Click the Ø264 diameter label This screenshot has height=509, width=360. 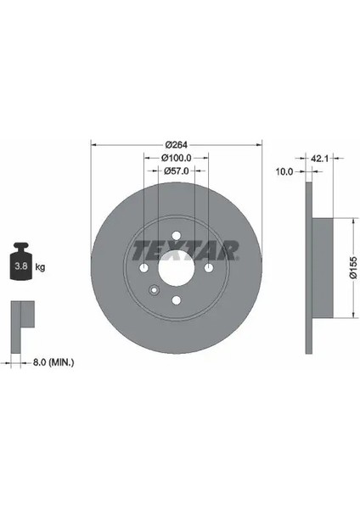(177, 145)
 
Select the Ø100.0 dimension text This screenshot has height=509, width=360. (177, 158)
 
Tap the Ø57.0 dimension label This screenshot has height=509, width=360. (177, 171)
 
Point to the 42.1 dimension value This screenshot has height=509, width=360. (320, 159)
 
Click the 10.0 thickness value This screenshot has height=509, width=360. (284, 171)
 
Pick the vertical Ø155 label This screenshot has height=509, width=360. (353, 267)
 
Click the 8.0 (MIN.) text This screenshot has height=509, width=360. (53, 362)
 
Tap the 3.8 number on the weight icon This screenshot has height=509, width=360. (21, 266)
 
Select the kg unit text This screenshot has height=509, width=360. (40, 267)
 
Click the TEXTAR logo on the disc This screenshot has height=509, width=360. (185, 250)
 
